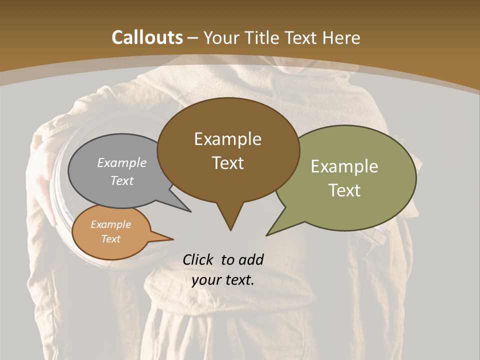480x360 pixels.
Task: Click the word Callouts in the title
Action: (147, 37)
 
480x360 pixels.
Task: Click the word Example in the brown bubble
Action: (227, 139)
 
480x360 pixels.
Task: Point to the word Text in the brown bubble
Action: (227, 163)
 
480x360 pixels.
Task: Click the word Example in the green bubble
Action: (344, 166)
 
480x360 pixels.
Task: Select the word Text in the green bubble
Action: (344, 190)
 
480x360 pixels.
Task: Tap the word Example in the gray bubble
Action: (121, 163)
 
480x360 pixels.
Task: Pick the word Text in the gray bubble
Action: (121, 180)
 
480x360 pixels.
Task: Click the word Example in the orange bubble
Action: (110, 224)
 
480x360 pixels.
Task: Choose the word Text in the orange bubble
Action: (110, 239)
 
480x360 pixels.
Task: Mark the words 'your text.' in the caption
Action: (222, 280)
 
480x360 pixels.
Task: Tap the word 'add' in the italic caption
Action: (250, 259)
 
